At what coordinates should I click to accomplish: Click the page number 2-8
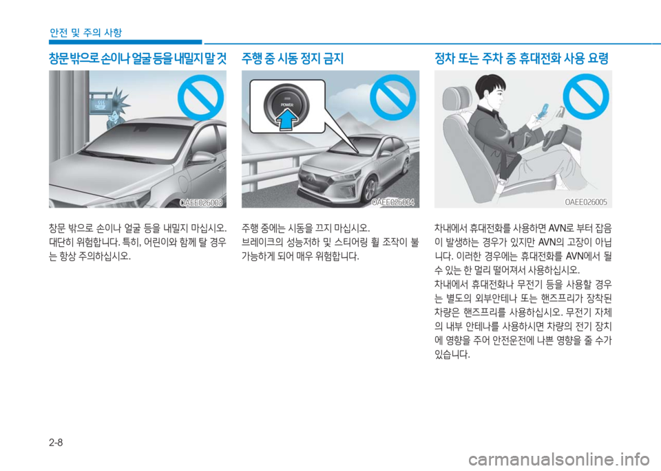pos(56,442)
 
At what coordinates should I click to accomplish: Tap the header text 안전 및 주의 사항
pos(85,32)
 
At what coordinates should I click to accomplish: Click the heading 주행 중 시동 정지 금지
pos(293,58)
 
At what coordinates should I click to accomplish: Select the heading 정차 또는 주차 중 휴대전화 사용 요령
pos(521,58)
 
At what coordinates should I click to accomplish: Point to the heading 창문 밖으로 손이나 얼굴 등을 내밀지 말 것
pos(138,58)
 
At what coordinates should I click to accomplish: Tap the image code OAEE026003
pos(200,203)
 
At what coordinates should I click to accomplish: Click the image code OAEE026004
pos(393,203)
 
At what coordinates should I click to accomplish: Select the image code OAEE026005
pos(586,202)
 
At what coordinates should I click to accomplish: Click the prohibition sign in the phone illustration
pos(585,97)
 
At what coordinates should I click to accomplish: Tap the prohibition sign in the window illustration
pos(200,98)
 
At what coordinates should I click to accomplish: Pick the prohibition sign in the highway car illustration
pos(393,98)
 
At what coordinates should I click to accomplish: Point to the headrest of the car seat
pos(455,99)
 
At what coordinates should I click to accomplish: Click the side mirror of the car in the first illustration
pos(202,158)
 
